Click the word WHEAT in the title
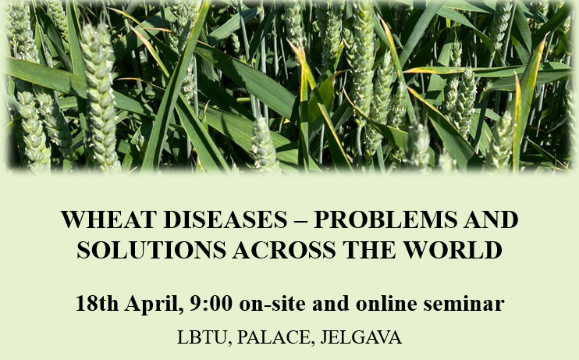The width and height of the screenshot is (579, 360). [108, 219]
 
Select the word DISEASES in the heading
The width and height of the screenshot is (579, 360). [226, 219]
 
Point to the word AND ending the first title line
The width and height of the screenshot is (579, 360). [491, 219]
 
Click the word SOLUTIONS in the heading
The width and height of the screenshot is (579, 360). [151, 250]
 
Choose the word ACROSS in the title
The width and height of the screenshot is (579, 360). [284, 250]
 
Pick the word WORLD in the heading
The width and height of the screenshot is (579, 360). [453, 250]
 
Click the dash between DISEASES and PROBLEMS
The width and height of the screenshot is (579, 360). [300, 220]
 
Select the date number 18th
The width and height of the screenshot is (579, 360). [97, 304]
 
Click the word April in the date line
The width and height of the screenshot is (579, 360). [154, 305]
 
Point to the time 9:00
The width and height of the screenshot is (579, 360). [211, 304]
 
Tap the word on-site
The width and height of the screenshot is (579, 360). [272, 304]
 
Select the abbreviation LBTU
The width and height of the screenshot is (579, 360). [204, 337]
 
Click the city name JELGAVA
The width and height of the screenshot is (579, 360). [361, 337]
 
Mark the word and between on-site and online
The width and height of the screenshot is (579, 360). [331, 304]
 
